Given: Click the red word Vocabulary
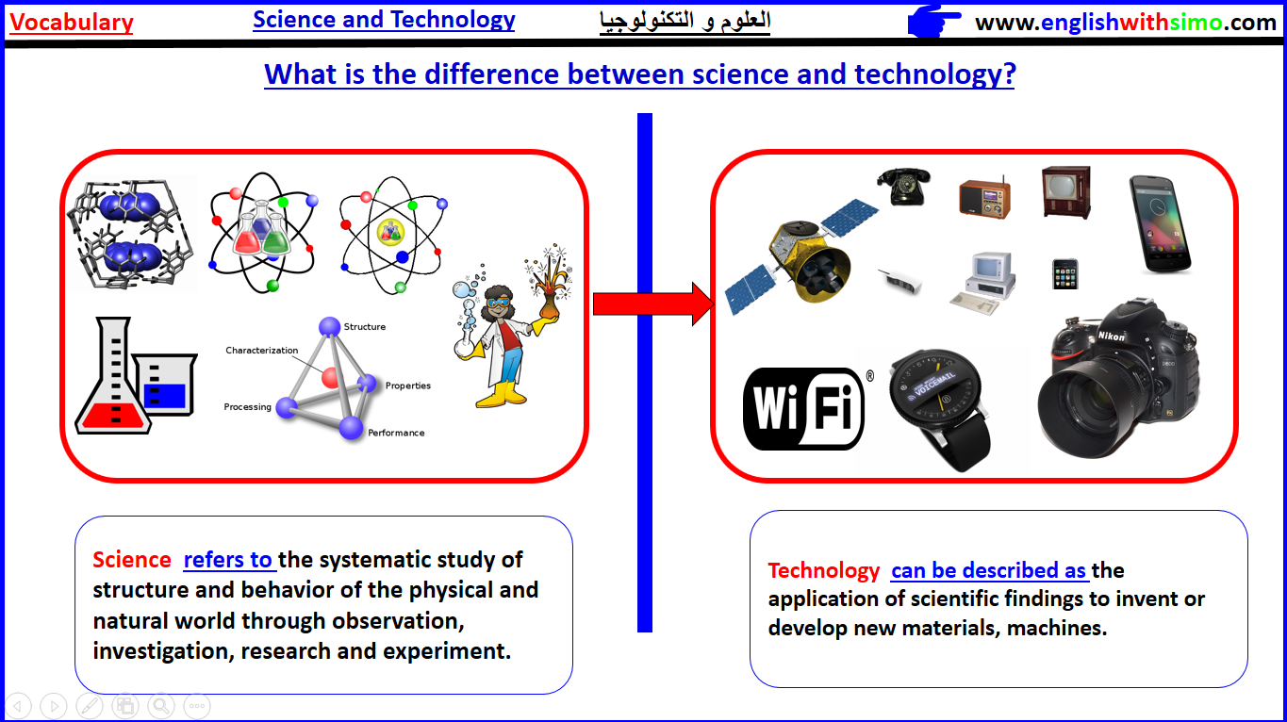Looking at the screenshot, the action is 72,23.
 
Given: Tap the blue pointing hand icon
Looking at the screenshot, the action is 933,22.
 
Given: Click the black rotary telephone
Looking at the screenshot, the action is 903,186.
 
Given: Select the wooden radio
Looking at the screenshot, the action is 984,198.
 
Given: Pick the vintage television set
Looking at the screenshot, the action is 1066,192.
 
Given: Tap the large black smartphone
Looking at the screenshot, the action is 1160,224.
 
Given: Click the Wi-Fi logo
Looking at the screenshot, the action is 803,408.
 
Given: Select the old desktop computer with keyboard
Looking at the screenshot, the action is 983,283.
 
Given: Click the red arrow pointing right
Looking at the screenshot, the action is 653,304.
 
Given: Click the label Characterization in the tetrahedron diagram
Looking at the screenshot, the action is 261,351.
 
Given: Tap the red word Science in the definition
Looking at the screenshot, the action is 132,560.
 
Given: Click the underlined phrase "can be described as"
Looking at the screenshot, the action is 988,570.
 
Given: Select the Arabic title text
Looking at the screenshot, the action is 685,21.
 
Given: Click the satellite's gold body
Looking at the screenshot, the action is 810,261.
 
